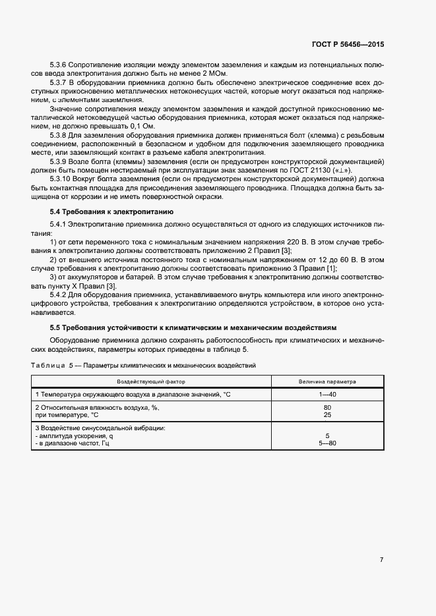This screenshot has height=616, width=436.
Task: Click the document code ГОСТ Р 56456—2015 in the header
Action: click(x=347, y=44)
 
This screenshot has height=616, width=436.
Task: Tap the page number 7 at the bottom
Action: click(x=381, y=560)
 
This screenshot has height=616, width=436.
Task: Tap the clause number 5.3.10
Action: click(x=63, y=179)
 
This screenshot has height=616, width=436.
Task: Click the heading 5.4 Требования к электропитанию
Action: click(x=111, y=212)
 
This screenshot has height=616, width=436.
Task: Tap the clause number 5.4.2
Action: click(x=61, y=295)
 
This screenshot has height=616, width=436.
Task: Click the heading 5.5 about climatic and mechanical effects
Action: click(x=193, y=327)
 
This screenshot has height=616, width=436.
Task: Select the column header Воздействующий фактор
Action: click(x=151, y=381)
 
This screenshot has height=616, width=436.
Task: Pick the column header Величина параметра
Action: click(x=327, y=381)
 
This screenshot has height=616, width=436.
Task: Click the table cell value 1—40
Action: click(x=327, y=394)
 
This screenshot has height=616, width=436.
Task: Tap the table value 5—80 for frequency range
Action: click(x=327, y=443)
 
